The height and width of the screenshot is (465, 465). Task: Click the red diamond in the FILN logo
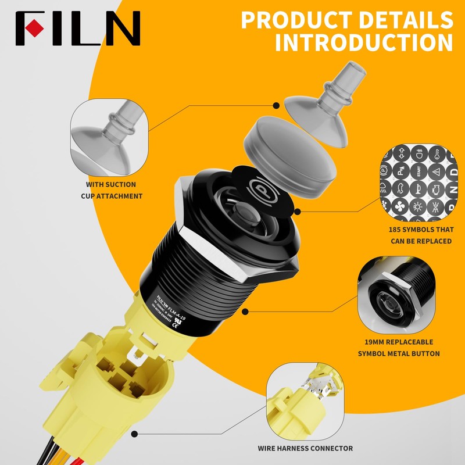pyautogui.click(x=36, y=26)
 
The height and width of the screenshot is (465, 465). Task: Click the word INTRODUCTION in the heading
pyautogui.click(x=364, y=43)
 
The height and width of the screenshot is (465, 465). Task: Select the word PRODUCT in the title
pyautogui.click(x=300, y=19)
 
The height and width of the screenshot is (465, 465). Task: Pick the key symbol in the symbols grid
pyautogui.click(x=435, y=153)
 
